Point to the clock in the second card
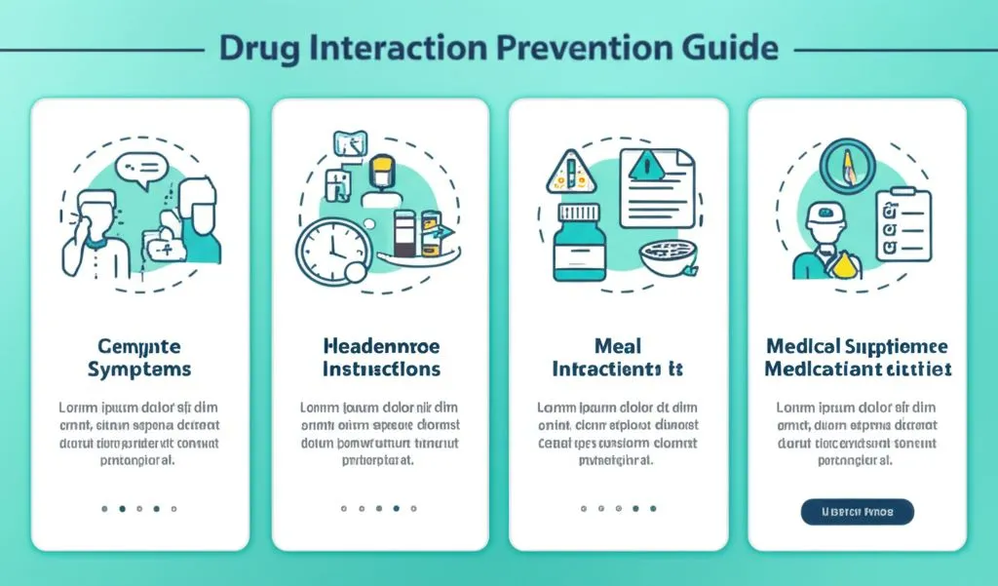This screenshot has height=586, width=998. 332,246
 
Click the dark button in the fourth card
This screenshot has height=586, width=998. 857,511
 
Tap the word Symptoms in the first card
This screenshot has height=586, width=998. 138,371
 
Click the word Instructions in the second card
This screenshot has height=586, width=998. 380,371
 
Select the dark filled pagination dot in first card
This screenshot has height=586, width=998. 121,508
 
